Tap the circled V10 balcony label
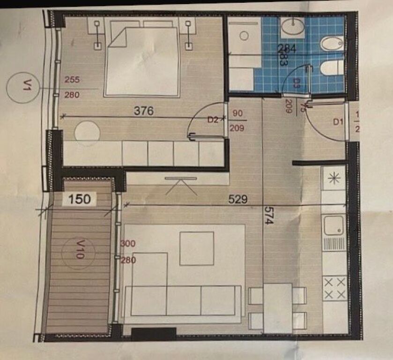[x=78, y=254]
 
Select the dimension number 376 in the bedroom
[x=144, y=111]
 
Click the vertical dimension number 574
[x=268, y=216]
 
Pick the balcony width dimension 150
[x=79, y=199]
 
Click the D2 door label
[x=213, y=120]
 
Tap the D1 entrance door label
[x=338, y=122]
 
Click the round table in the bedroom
[x=87, y=131]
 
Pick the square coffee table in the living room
[x=197, y=248]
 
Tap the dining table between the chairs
[x=278, y=307]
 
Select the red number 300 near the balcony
[x=127, y=244]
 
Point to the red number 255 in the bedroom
[x=71, y=80]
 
